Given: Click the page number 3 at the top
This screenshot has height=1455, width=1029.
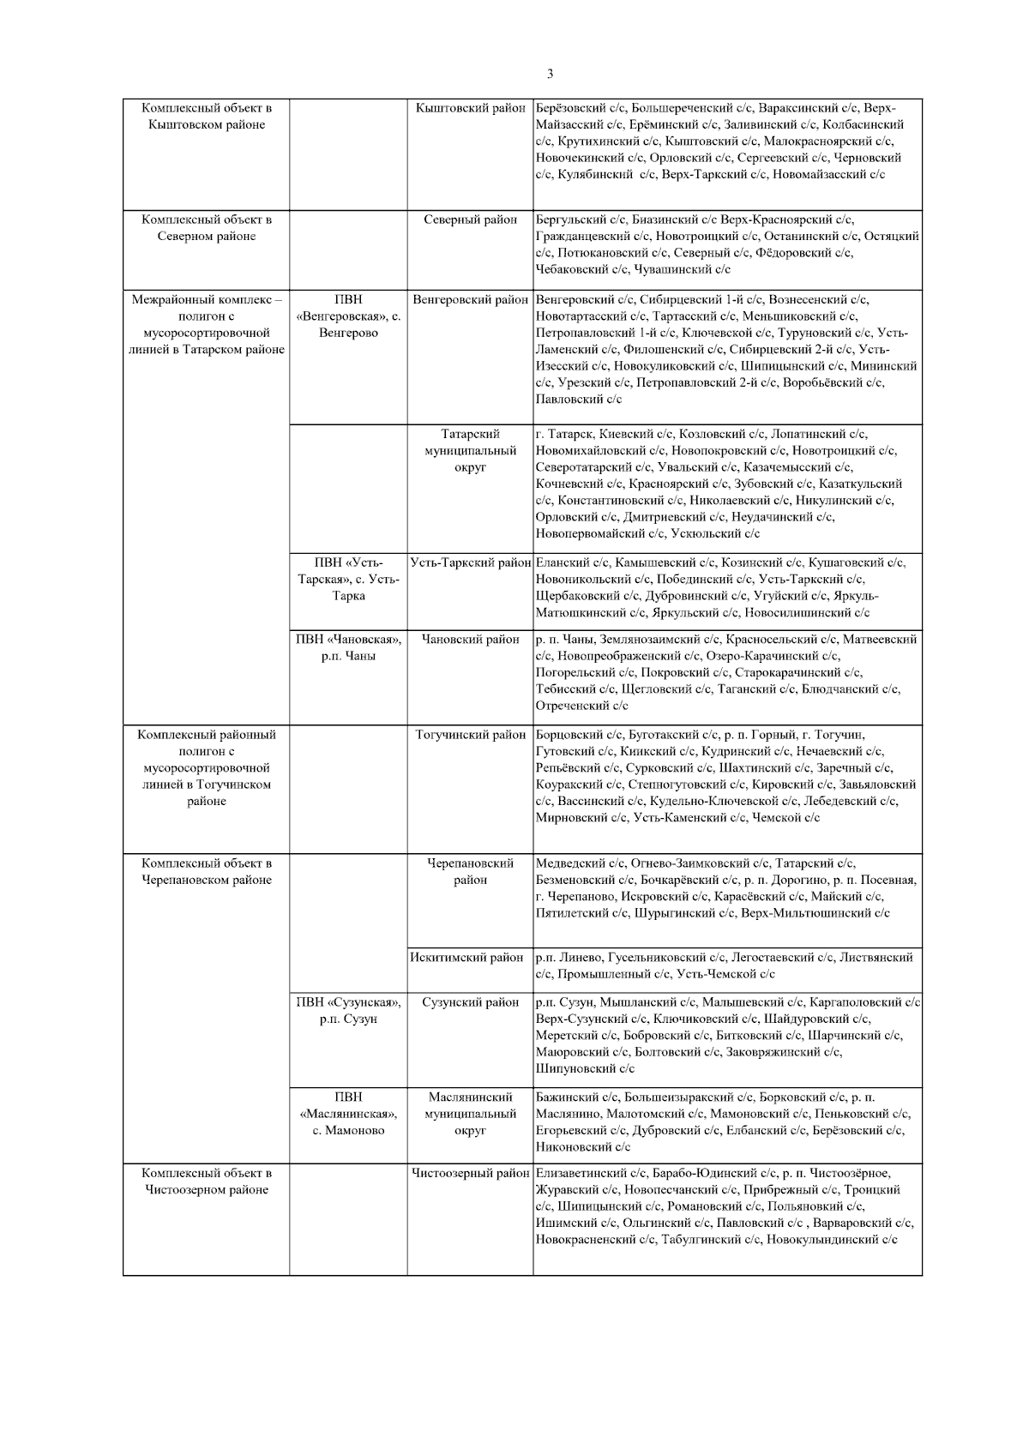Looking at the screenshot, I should (x=550, y=74).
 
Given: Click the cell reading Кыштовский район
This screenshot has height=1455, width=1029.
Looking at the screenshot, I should (x=470, y=109).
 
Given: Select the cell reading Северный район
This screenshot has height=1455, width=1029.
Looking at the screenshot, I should (x=470, y=220).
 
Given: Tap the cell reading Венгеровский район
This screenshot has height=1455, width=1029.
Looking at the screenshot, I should (x=470, y=300).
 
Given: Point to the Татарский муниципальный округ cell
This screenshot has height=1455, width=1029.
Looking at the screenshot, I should (x=470, y=451).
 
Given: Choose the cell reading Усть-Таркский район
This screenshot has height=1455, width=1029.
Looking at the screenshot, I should (x=470, y=563).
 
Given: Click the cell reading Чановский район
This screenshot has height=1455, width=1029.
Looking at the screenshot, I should (x=470, y=640).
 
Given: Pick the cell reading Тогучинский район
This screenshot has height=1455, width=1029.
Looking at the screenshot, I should (x=470, y=736).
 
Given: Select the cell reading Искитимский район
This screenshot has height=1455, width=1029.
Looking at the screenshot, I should (x=470, y=958).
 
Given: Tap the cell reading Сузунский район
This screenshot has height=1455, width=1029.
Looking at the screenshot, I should (x=470, y=1002).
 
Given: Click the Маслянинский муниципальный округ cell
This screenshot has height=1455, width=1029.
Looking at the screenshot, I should (x=470, y=1114).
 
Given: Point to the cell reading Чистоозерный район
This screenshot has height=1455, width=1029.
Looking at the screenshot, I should (x=470, y=1174).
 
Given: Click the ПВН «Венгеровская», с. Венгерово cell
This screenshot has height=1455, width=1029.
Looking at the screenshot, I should (x=348, y=316).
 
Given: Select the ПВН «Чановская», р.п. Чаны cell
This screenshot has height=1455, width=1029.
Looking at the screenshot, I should (x=348, y=648).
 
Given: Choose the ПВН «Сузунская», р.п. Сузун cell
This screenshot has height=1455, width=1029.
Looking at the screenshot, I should (x=348, y=1011).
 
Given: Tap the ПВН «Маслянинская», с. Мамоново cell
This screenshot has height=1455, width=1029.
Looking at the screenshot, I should (x=348, y=1114).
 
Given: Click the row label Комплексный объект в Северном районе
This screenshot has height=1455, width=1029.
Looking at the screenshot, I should (x=207, y=228).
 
